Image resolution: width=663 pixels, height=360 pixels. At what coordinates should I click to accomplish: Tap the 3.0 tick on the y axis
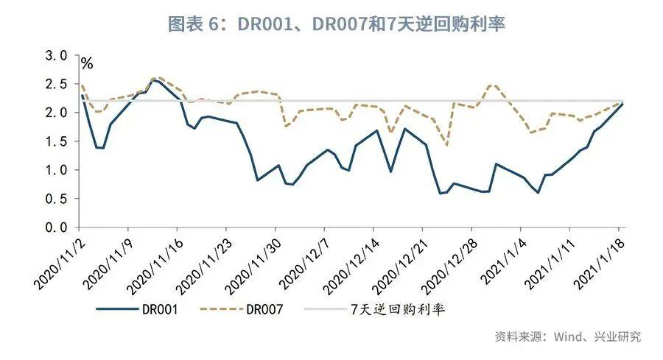(x=57, y=56)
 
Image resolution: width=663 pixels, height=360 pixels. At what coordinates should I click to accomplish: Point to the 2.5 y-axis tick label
(x=57, y=85)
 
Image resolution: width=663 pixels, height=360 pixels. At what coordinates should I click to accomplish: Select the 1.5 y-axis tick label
(x=57, y=141)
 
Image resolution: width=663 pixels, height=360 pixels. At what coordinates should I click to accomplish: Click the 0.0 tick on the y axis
(x=57, y=227)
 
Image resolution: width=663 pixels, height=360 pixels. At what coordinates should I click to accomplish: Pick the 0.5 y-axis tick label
(x=57, y=199)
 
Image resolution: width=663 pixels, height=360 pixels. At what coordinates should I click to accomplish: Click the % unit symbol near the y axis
(x=87, y=64)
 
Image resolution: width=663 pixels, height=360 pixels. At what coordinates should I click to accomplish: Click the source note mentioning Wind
(x=567, y=336)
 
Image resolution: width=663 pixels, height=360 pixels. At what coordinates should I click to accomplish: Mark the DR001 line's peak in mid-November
(x=155, y=80)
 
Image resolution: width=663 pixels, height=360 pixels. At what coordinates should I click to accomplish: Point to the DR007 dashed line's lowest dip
(x=447, y=144)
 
